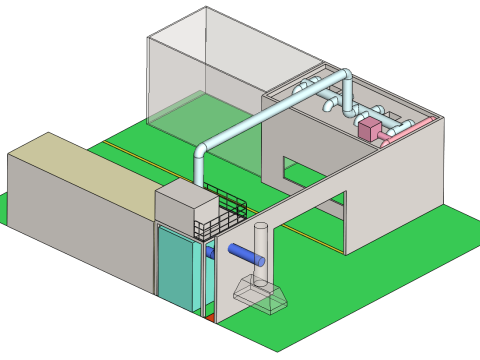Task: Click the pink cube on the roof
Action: click(369, 128)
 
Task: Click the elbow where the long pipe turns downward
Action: click(204, 152)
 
